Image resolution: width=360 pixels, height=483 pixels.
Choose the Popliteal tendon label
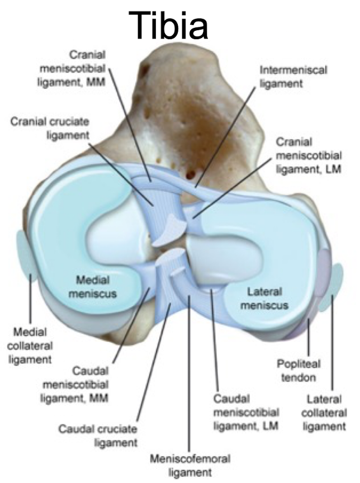(x=298, y=370)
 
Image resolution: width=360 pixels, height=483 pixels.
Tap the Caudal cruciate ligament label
(x=98, y=436)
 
